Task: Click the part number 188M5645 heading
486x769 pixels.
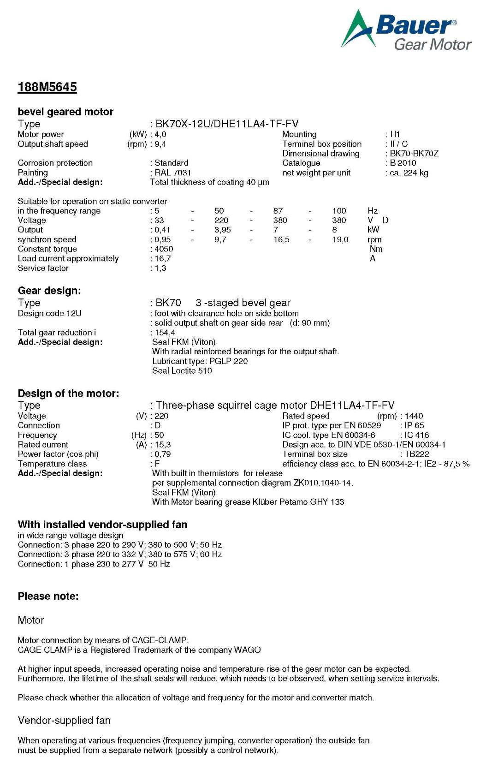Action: [47, 87]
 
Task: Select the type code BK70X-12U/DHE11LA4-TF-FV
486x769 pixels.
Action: [227, 124]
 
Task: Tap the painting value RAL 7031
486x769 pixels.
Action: [172, 173]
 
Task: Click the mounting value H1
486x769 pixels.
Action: [395, 134]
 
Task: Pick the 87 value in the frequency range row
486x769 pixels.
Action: [278, 211]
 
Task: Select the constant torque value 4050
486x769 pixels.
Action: [164, 249]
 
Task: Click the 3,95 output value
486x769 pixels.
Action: [223, 230]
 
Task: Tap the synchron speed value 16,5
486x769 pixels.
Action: [281, 239]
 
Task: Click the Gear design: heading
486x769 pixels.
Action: [49, 291]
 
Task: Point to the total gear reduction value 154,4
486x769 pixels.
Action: [165, 333]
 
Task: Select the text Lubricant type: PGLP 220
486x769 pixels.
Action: [200, 361]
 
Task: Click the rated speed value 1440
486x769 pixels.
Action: [414, 416]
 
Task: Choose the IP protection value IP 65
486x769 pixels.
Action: [414, 425]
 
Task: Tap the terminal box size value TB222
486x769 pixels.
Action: [417, 454]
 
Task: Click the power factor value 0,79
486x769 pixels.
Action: [163, 454]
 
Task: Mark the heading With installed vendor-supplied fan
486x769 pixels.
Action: [102, 525]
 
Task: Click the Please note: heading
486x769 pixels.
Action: [48, 596]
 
